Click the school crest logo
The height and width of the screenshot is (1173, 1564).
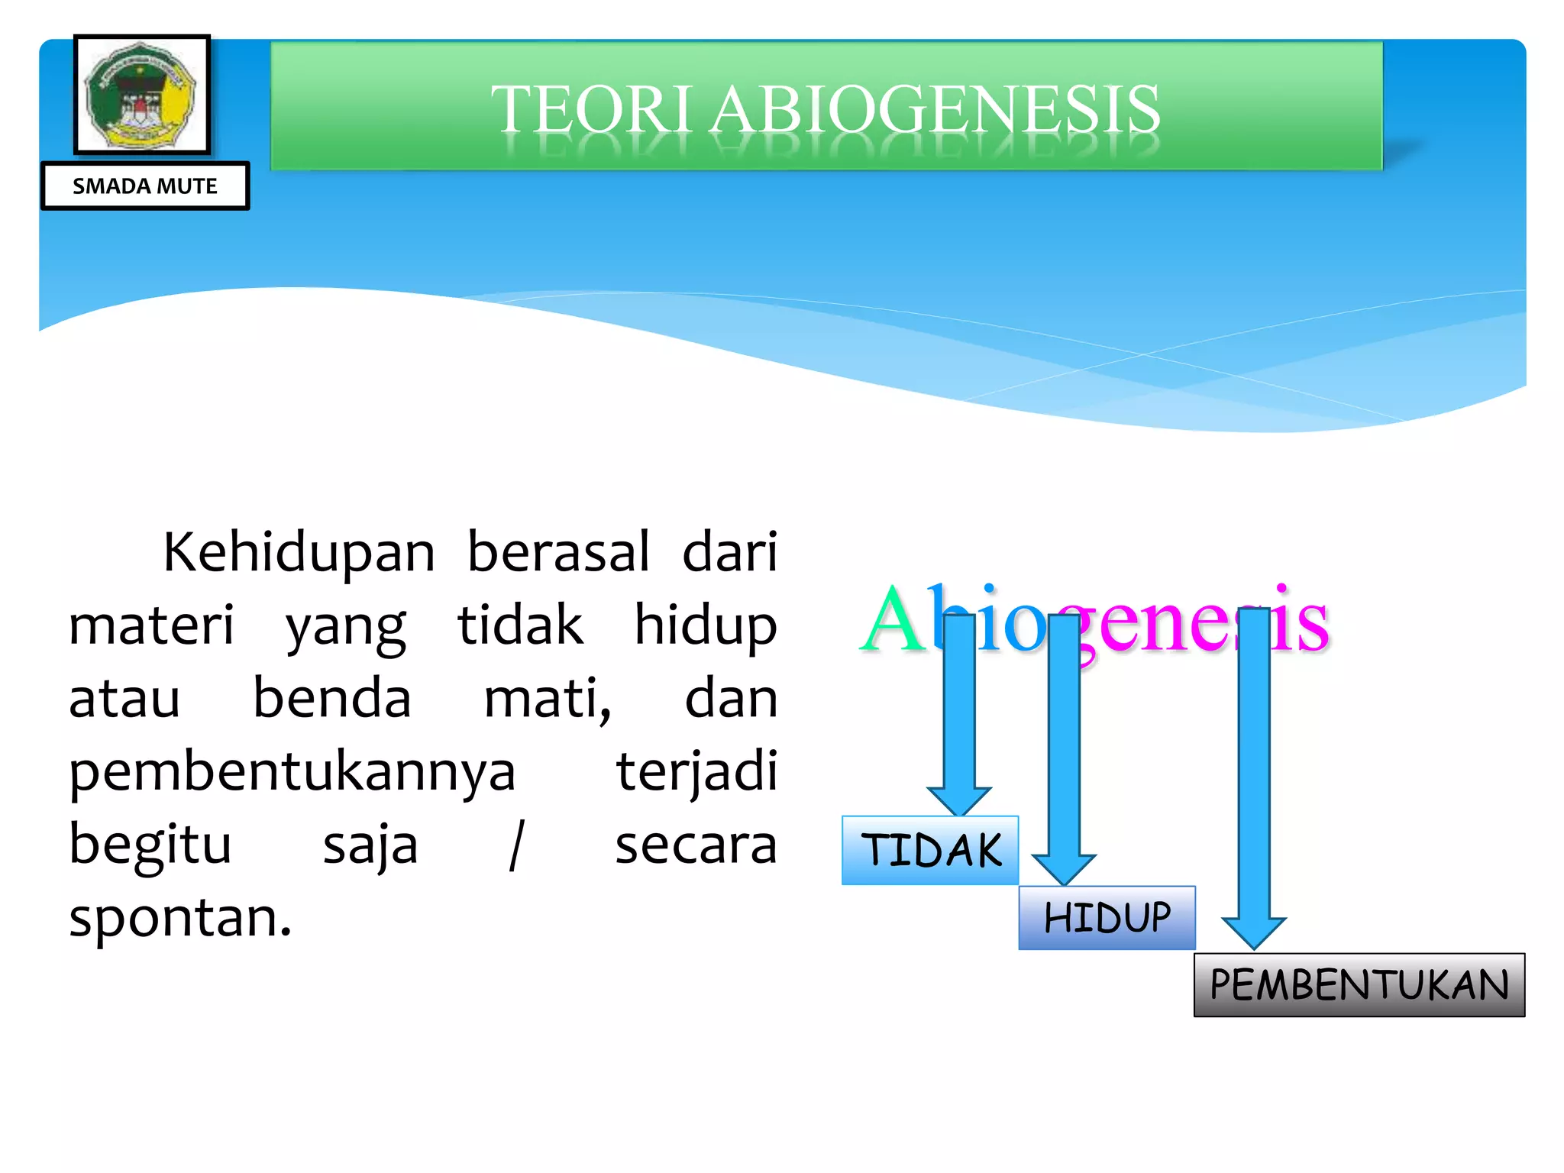(x=141, y=95)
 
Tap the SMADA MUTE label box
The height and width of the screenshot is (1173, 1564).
(x=145, y=186)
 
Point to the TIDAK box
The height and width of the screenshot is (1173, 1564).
(x=930, y=850)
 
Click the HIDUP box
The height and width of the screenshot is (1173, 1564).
(x=1107, y=917)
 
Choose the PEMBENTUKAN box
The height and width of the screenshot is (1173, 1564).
(x=1359, y=984)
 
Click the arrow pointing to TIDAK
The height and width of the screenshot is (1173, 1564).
(x=959, y=718)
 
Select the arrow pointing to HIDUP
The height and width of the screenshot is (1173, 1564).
(x=1064, y=748)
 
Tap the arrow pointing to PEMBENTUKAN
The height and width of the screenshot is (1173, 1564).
(x=1254, y=779)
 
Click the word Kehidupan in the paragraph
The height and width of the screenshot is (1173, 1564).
(x=299, y=551)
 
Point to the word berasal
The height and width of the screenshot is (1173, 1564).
(x=558, y=551)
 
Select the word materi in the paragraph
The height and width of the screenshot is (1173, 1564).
(x=151, y=625)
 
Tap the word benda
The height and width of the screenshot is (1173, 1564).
(x=331, y=698)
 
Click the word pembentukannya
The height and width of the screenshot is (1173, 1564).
(x=292, y=773)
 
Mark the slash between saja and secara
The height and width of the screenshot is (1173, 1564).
(x=517, y=845)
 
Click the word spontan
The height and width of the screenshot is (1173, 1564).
(x=180, y=918)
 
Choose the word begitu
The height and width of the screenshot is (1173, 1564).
(x=150, y=846)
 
